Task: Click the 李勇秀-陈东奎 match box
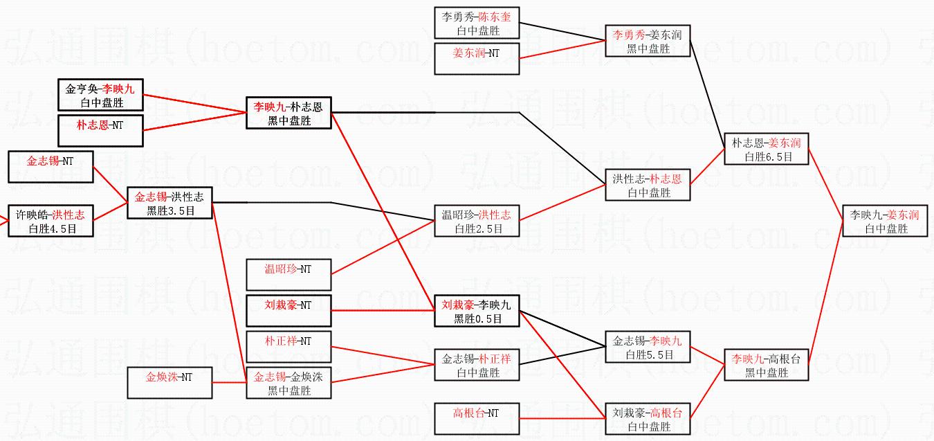pyautogui.click(x=477, y=23)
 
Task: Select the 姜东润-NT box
pyautogui.click(x=477, y=58)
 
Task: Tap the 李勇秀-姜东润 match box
pyautogui.click(x=648, y=41)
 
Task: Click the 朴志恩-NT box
pyautogui.click(x=100, y=131)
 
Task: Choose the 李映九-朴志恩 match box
pyautogui.click(x=289, y=113)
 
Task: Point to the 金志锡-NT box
pyautogui.click(x=51, y=167)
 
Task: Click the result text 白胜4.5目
pyautogui.click(x=51, y=228)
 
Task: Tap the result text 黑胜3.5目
pyautogui.click(x=170, y=210)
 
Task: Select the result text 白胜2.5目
pyautogui.click(x=477, y=228)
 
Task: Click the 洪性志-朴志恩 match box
pyautogui.click(x=648, y=186)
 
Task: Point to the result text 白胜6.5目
pyautogui.click(x=767, y=156)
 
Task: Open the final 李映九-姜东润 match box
pyautogui.click(x=885, y=221)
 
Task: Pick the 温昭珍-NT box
pyautogui.click(x=289, y=273)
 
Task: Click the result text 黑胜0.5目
pyautogui.click(x=477, y=318)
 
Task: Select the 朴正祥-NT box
pyautogui.click(x=289, y=346)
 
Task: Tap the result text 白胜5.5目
pyautogui.click(x=648, y=354)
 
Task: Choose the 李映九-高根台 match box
pyautogui.click(x=767, y=365)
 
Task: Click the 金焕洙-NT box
pyautogui.click(x=170, y=383)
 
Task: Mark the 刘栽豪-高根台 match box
pyautogui.click(x=648, y=419)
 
